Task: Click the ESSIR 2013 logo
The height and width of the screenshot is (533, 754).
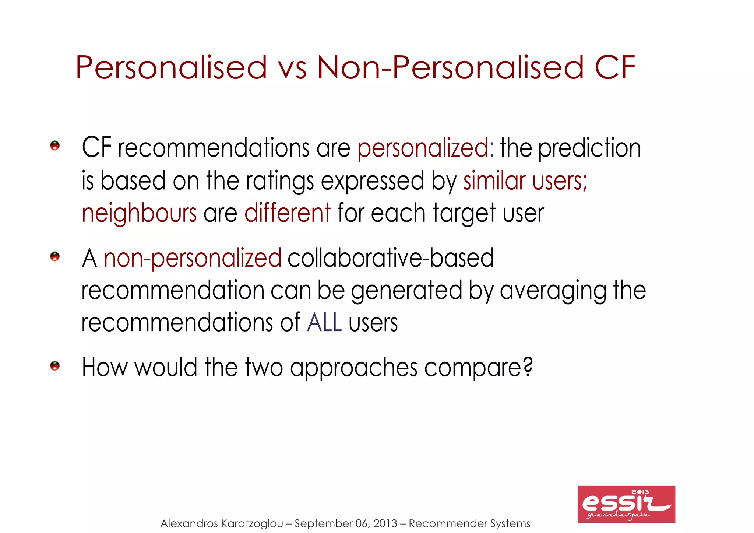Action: click(626, 504)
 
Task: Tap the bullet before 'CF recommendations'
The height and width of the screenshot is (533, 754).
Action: click(55, 145)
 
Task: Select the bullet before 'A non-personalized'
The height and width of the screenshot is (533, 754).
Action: click(55, 256)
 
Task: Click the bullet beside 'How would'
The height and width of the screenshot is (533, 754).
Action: click(55, 366)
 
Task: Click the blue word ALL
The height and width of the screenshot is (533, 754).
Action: click(324, 323)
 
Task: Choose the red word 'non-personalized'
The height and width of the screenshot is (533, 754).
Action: click(193, 258)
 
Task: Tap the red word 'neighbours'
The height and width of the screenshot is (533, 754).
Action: click(139, 213)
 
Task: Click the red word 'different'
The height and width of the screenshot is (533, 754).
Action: click(288, 213)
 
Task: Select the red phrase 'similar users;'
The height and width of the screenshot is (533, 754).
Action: click(525, 181)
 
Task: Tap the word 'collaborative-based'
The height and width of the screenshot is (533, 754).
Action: click(391, 258)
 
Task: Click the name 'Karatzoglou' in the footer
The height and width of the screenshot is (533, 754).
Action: click(252, 523)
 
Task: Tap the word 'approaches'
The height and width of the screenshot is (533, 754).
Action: click(354, 368)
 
